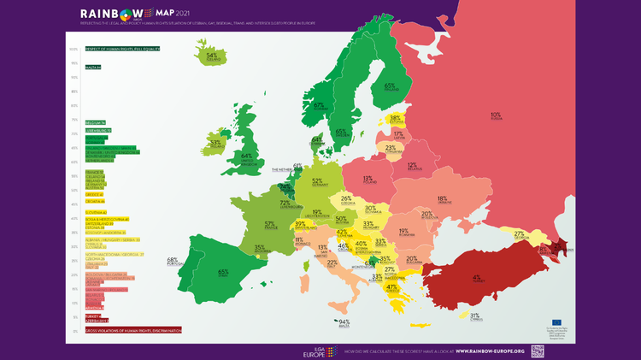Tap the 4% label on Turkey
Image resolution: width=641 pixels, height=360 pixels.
point(475,277)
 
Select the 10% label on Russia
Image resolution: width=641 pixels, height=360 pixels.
point(495,115)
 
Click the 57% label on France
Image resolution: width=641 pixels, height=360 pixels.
point(270,224)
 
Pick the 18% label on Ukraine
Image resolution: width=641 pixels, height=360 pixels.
point(442,199)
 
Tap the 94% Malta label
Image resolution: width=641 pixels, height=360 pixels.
point(344,322)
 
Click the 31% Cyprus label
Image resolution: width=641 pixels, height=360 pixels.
point(474,316)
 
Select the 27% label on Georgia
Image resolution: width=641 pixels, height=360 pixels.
point(518,234)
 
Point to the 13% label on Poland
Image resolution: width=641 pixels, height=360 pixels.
point(368,180)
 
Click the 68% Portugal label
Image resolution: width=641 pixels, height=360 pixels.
point(173,261)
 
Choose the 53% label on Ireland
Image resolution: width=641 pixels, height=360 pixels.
point(215,143)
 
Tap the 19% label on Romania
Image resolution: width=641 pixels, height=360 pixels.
point(403,232)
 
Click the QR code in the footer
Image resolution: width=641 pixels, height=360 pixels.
point(538,351)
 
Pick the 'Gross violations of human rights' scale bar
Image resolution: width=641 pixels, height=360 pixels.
point(133,330)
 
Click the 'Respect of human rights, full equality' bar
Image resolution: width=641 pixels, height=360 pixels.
point(123,49)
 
